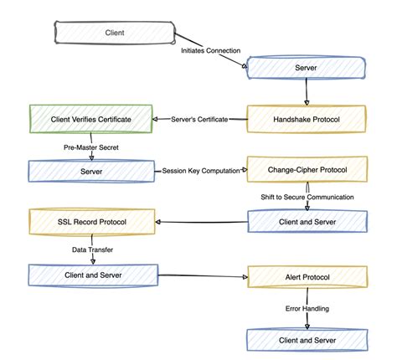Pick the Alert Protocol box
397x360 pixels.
click(307, 275)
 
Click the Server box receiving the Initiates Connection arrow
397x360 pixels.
click(307, 67)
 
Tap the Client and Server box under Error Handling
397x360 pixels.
click(307, 341)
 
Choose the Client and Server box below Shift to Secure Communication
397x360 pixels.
click(307, 222)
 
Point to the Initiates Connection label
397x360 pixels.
click(214, 50)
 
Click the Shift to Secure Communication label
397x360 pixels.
click(308, 197)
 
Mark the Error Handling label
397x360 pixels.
click(307, 308)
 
